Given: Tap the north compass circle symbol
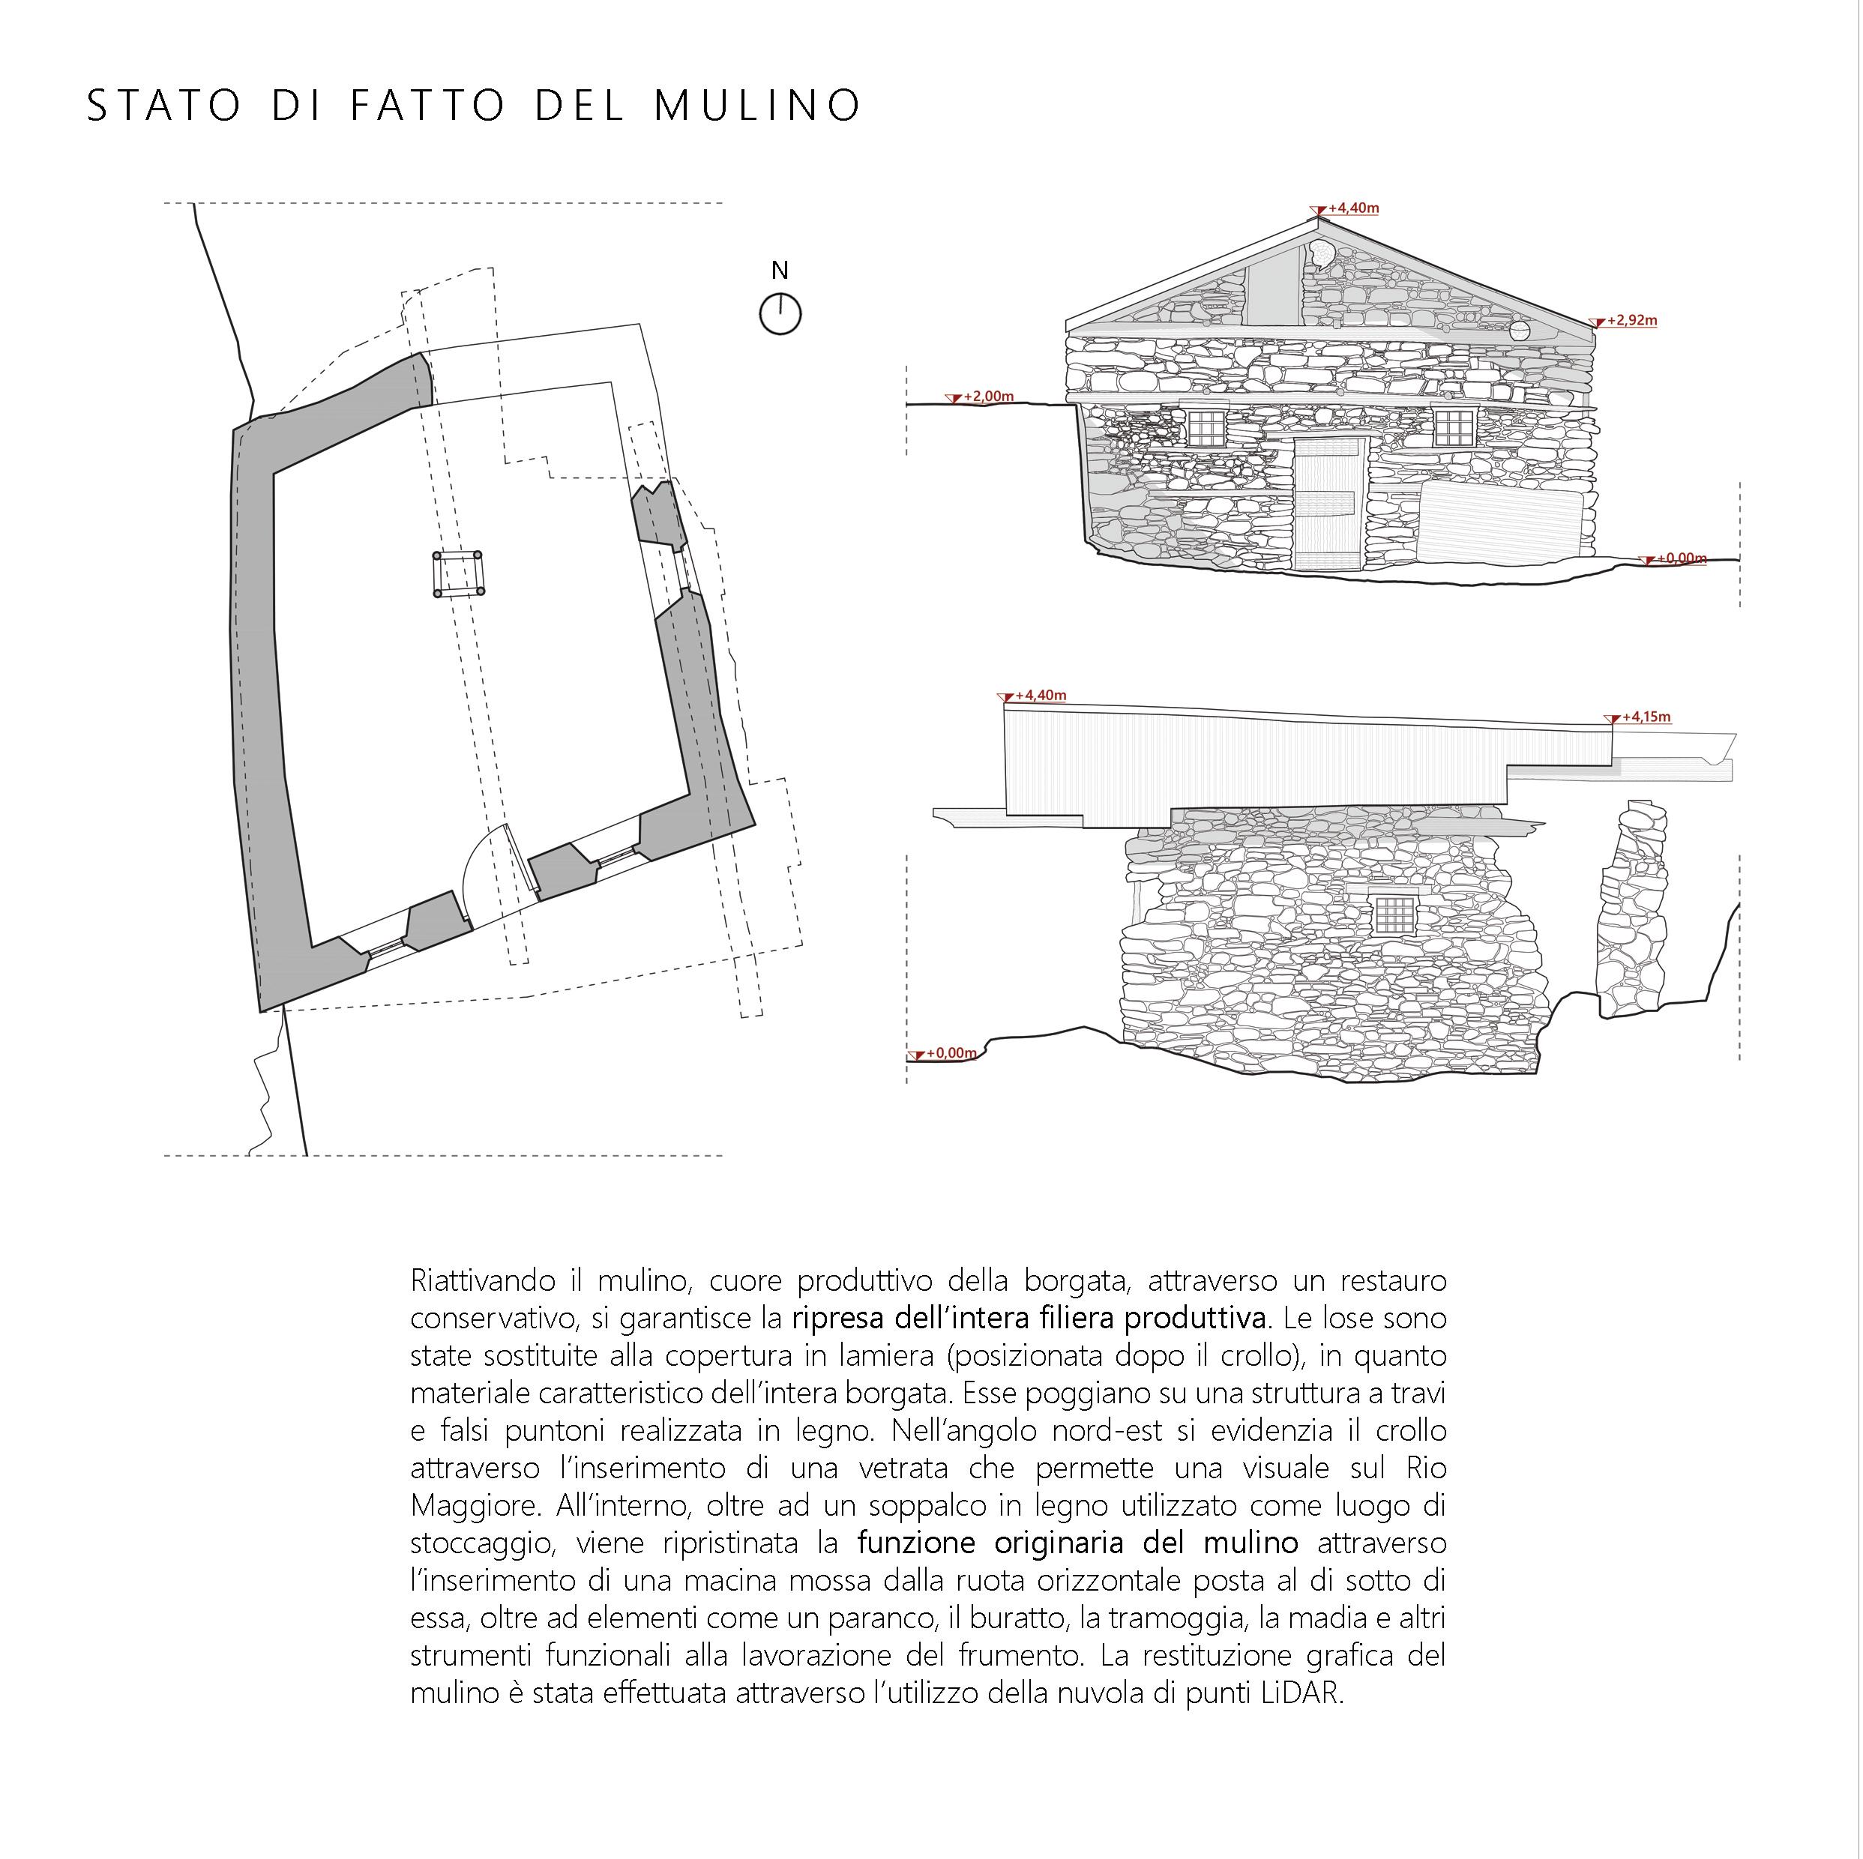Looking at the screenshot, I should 780,314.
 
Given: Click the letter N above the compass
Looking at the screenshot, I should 780,271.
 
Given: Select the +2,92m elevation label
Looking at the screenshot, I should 1631,320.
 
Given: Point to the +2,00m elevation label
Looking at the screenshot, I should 988,397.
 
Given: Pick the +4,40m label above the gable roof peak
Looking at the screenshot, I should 1353,208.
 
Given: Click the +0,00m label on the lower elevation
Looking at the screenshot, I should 951,1053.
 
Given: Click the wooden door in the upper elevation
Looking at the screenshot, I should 1328,503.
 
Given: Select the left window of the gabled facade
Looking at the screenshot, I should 1206,427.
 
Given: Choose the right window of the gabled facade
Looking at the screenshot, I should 1454,427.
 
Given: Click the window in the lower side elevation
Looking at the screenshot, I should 1394,914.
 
